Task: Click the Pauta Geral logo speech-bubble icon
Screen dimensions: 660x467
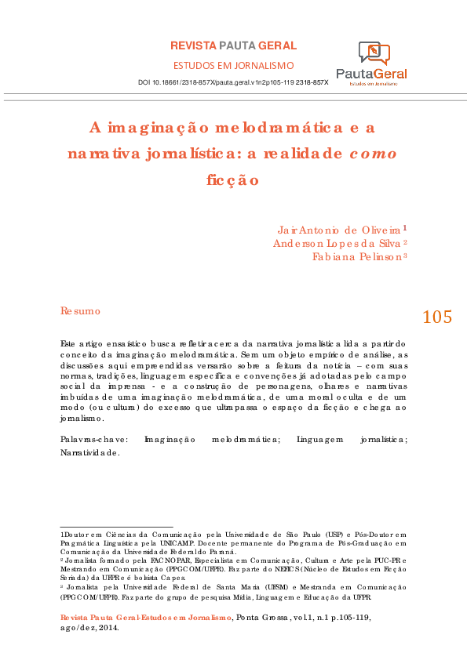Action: pos(374,53)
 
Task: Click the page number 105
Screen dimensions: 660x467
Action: pos(436,317)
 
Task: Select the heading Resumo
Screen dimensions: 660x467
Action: pos(80,311)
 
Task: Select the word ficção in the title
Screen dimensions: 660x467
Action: pos(232,179)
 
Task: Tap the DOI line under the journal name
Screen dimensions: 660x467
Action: pos(232,82)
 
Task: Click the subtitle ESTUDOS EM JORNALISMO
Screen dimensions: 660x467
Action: pos(233,65)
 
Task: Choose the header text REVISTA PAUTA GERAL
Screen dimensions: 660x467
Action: pos(233,46)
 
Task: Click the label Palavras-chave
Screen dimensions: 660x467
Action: pos(94,441)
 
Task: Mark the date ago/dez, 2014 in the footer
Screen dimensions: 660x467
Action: pos(89,627)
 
